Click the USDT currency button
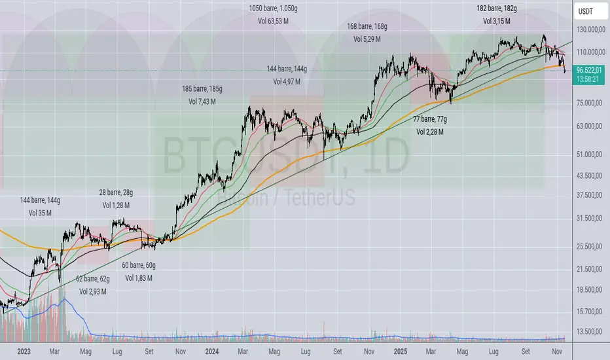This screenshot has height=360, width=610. (x=588, y=11)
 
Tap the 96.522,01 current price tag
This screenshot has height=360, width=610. (x=589, y=68)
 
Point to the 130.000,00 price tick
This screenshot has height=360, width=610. (x=588, y=30)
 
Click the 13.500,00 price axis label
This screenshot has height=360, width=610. (x=588, y=331)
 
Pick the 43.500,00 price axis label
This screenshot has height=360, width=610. (x=588, y=175)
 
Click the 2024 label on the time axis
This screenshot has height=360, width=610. (x=211, y=351)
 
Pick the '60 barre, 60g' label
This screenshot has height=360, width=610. (x=138, y=265)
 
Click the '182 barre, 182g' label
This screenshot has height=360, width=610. (x=497, y=9)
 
